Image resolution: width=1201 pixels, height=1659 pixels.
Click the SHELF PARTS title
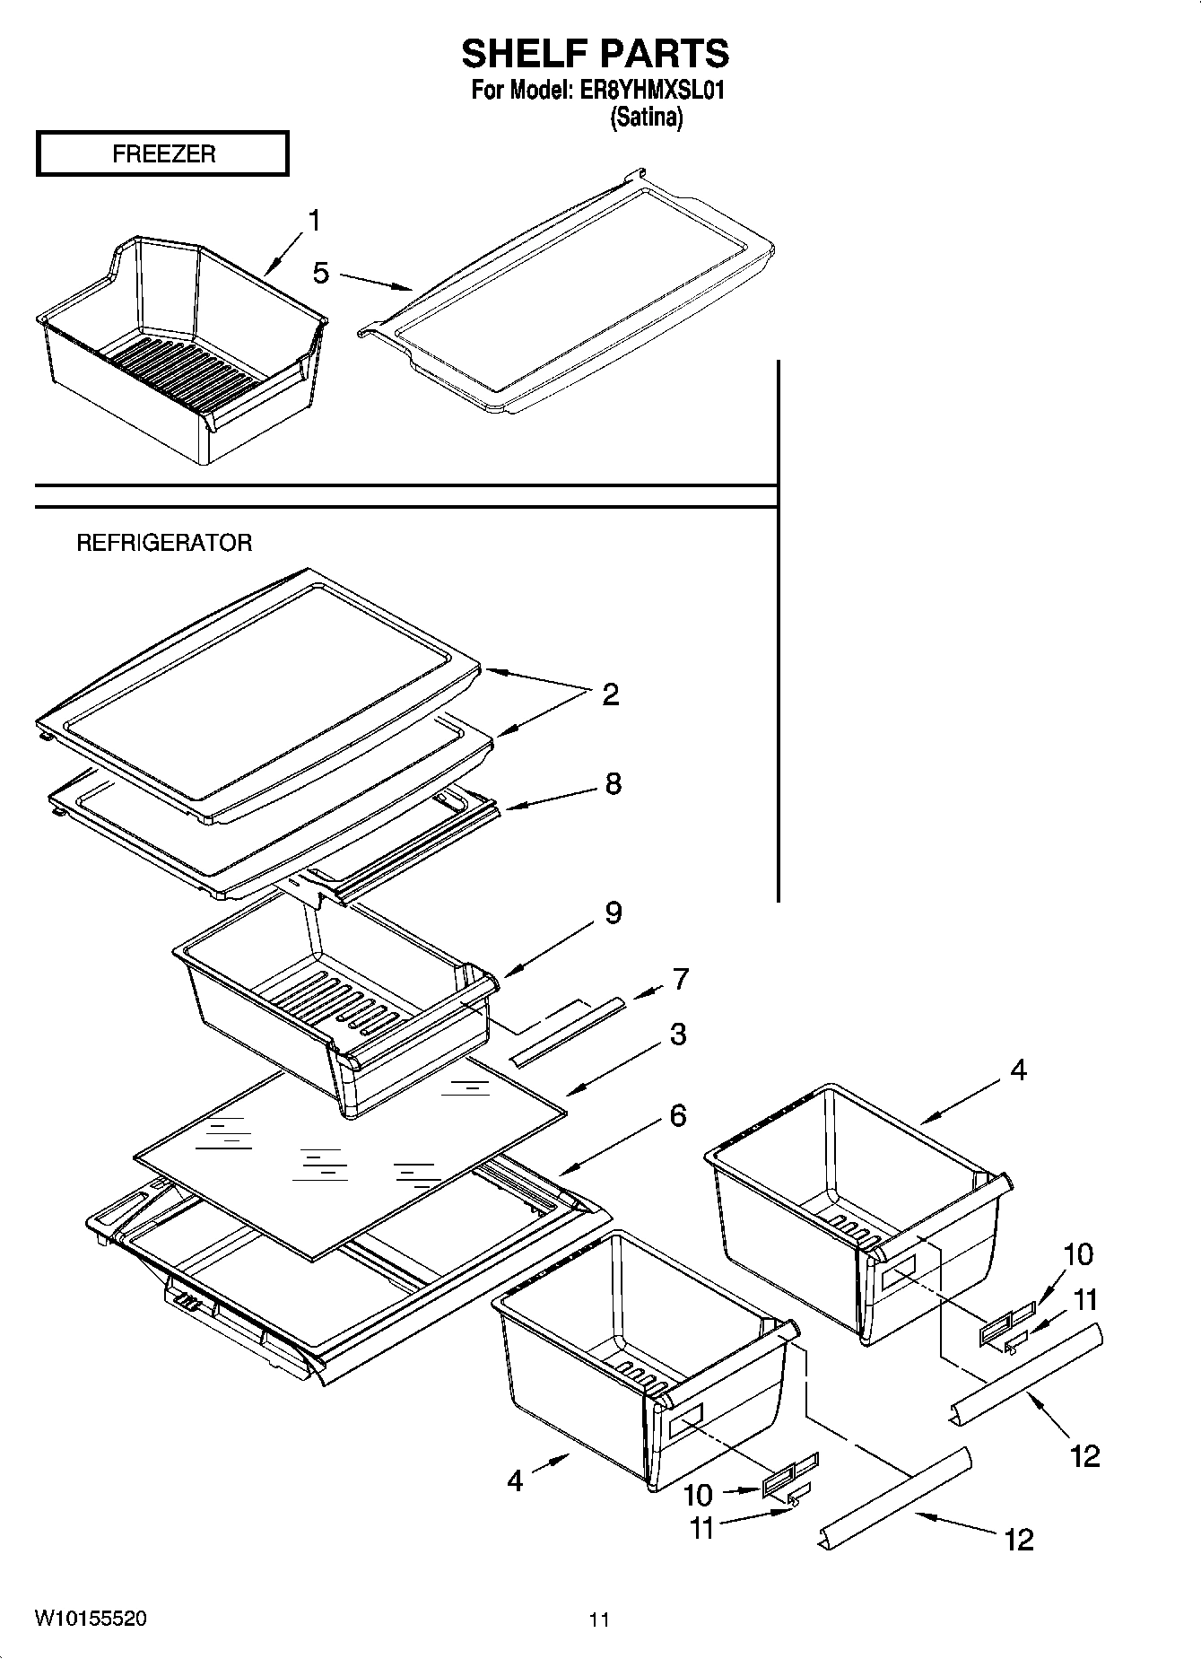coord(595,54)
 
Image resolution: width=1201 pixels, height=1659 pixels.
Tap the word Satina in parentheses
coord(646,118)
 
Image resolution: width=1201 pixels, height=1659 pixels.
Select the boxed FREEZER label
coord(162,153)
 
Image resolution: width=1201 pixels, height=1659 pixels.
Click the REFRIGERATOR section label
coord(164,543)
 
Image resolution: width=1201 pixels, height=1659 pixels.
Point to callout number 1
coord(314,220)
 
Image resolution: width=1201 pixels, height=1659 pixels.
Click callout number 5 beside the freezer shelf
coord(321,273)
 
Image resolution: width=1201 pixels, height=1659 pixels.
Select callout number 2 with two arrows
coord(610,694)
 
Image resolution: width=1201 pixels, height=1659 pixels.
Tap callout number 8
coord(613,783)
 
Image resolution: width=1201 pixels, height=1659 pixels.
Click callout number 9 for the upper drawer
coord(613,912)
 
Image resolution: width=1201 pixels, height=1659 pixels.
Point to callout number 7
coord(680,979)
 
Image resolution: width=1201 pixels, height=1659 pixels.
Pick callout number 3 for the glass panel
coord(677,1034)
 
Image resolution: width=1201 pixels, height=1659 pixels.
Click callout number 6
coord(677,1115)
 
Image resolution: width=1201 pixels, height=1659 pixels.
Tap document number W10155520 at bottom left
coord(91,1619)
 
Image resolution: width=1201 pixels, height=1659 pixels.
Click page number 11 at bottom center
coord(599,1620)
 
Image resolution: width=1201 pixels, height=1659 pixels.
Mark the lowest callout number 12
coord(1018,1540)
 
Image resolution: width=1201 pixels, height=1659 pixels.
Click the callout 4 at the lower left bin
coord(515,1480)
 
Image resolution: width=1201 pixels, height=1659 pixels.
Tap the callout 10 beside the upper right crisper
coord(1078,1253)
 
